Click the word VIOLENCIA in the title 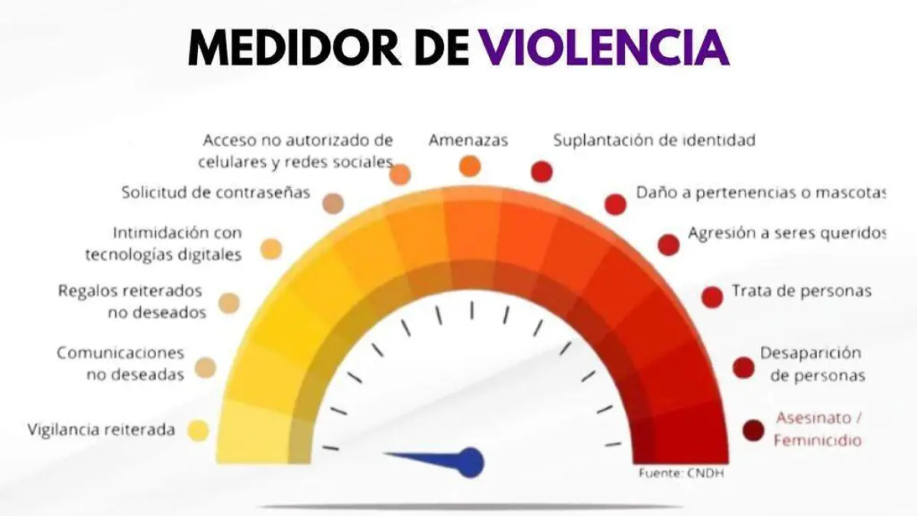604,47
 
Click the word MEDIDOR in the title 294,47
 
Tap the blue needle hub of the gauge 471,462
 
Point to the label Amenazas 468,140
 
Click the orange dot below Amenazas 470,167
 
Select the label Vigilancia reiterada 101,430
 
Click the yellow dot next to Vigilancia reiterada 198,430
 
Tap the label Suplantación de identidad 654,140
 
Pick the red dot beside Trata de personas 712,297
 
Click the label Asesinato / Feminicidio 818,429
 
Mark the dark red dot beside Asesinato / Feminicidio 753,430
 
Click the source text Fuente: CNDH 682,473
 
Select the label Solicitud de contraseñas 215,192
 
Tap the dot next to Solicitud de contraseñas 333,203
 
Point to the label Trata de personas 802,290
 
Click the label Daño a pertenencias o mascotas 761,193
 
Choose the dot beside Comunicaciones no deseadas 205,368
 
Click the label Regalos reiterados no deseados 131,301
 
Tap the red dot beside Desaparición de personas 744,368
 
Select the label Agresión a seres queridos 787,233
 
